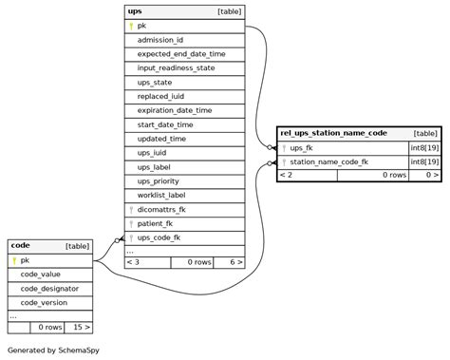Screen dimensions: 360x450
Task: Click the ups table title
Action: (135, 11)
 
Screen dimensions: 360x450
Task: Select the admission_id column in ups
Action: (160, 40)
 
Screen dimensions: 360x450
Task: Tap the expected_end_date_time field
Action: (181, 54)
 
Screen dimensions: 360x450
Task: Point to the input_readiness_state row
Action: (176, 68)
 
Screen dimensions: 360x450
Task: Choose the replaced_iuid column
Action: (165, 96)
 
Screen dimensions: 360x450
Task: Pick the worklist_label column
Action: (161, 195)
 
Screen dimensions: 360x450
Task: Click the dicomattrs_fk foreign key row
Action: (161, 209)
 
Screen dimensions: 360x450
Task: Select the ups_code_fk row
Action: (159, 237)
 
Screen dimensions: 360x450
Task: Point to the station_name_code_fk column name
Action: (328, 161)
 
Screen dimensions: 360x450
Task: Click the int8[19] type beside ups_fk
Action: (423, 147)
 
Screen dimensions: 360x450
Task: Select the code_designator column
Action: (49, 288)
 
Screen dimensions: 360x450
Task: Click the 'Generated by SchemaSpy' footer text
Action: (53, 350)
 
